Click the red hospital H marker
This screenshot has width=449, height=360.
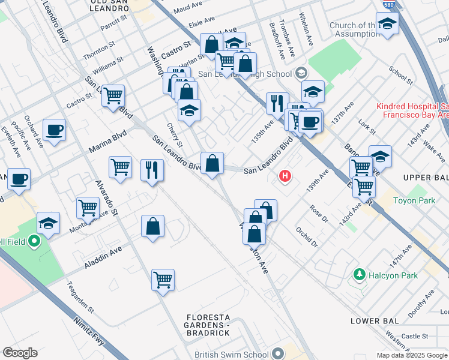[286, 177]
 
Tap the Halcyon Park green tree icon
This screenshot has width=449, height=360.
[360, 275]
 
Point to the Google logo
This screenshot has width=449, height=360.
[20, 353]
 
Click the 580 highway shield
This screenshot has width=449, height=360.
[387, 4]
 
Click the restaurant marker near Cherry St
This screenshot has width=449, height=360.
[152, 169]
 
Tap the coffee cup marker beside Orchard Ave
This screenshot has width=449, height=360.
[54, 130]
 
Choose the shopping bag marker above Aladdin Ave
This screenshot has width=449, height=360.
[153, 226]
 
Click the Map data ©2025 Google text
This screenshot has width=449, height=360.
[411, 355]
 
